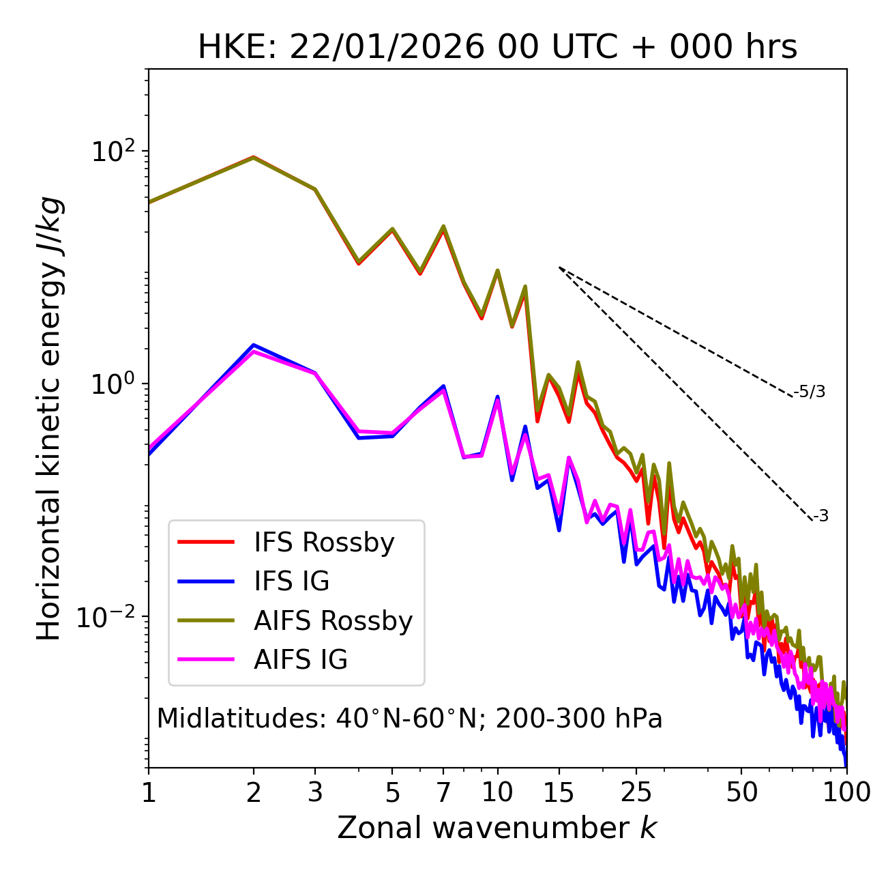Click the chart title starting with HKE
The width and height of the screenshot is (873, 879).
click(497, 48)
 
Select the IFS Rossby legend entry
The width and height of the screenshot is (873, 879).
click(324, 543)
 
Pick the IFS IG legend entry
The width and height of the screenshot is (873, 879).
click(291, 581)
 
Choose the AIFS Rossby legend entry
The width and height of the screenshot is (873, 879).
click(333, 621)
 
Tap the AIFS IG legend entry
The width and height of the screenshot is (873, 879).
click(300, 660)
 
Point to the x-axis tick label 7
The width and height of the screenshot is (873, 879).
click(443, 792)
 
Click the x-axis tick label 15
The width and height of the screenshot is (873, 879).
click(559, 792)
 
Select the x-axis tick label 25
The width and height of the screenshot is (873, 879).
click(636, 792)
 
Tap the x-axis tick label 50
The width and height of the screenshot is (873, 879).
click(741, 792)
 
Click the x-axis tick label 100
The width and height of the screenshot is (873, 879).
click(846, 792)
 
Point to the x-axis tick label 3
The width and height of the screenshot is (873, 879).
click(315, 792)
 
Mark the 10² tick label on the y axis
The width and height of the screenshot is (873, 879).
click(112, 151)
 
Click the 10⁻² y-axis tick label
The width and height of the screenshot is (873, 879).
click(108, 617)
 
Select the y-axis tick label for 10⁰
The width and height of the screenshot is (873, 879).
click(112, 384)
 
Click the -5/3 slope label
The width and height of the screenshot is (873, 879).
click(810, 392)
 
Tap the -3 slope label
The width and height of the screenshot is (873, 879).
click(820, 517)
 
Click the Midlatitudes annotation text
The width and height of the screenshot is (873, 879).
click(409, 719)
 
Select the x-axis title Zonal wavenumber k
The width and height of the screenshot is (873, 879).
click(497, 828)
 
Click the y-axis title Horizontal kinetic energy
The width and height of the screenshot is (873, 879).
click(49, 418)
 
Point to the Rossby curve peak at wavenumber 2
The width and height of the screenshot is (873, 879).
click(254, 157)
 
